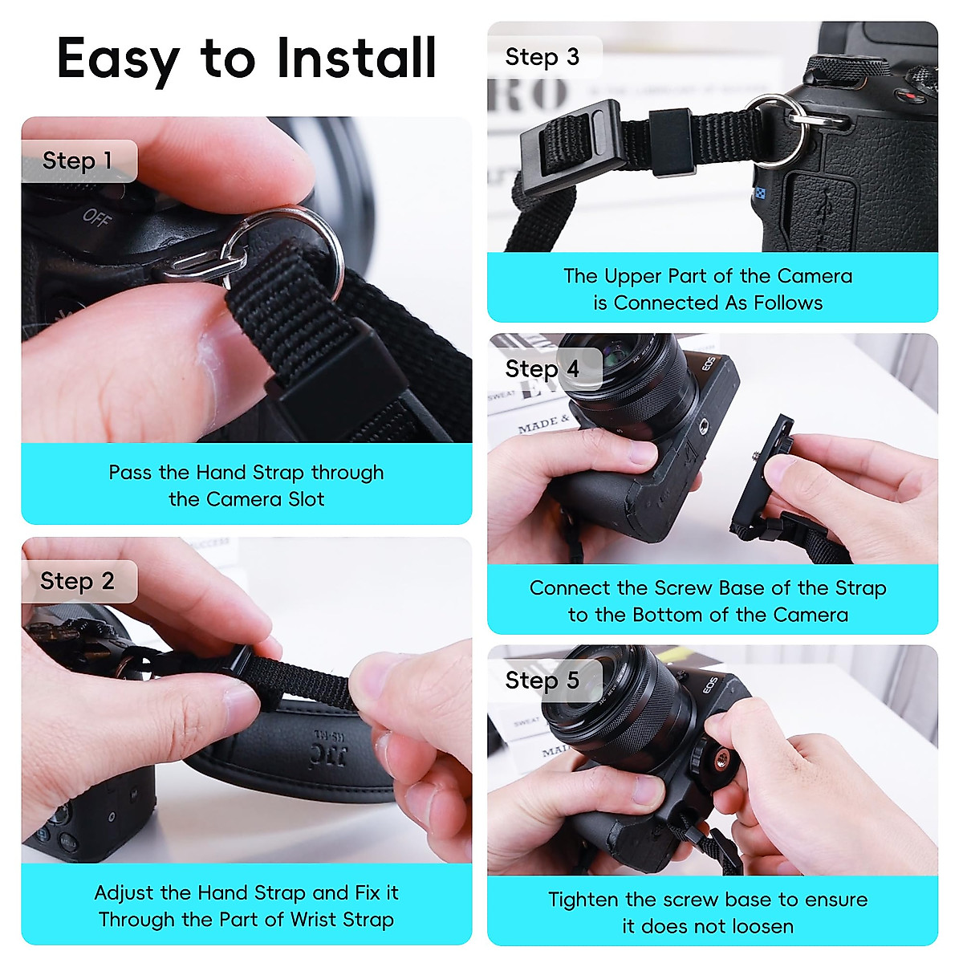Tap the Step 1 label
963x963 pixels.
(78, 160)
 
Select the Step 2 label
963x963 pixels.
(78, 581)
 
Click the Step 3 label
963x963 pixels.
(542, 57)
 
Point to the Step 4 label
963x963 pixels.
(542, 369)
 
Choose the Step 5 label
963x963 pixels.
(542, 681)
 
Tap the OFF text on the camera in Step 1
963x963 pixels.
(97, 217)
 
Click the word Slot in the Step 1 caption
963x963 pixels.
(306, 499)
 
